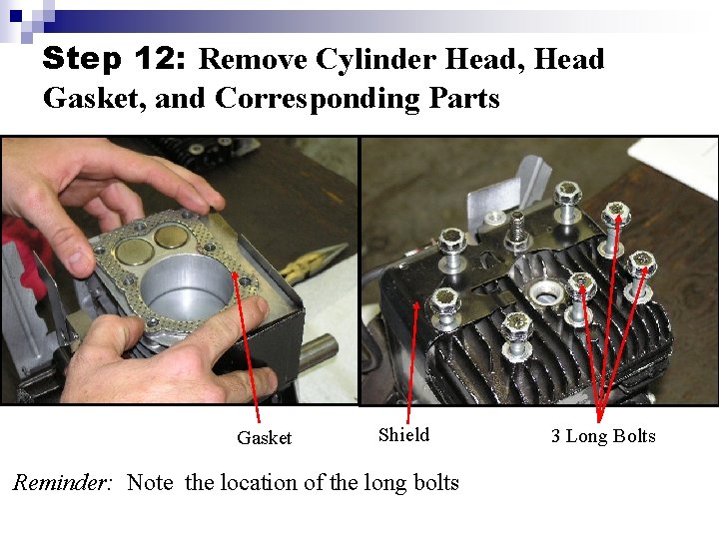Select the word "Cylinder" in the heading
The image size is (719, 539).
click(374, 60)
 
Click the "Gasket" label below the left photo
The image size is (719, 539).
click(264, 438)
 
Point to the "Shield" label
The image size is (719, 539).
click(403, 434)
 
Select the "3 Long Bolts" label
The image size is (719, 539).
click(603, 436)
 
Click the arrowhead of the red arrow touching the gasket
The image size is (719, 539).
click(237, 279)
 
